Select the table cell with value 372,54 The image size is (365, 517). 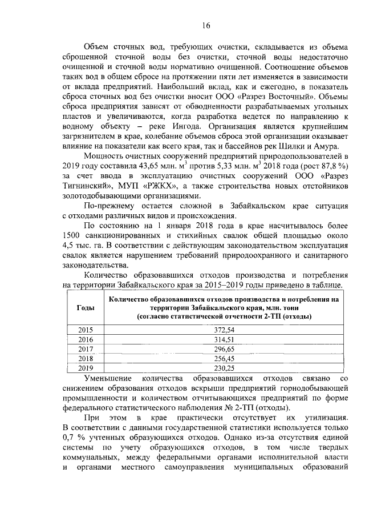pos(228,330)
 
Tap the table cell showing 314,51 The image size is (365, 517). pos(228,339)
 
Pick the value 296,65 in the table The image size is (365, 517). pos(228,349)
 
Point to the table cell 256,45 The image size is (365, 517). pos(228,358)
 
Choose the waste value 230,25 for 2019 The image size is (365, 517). pos(228,368)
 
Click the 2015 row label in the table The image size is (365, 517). pos(84,330)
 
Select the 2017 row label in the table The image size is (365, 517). pos(84,349)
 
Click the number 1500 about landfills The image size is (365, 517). pos(71,235)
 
